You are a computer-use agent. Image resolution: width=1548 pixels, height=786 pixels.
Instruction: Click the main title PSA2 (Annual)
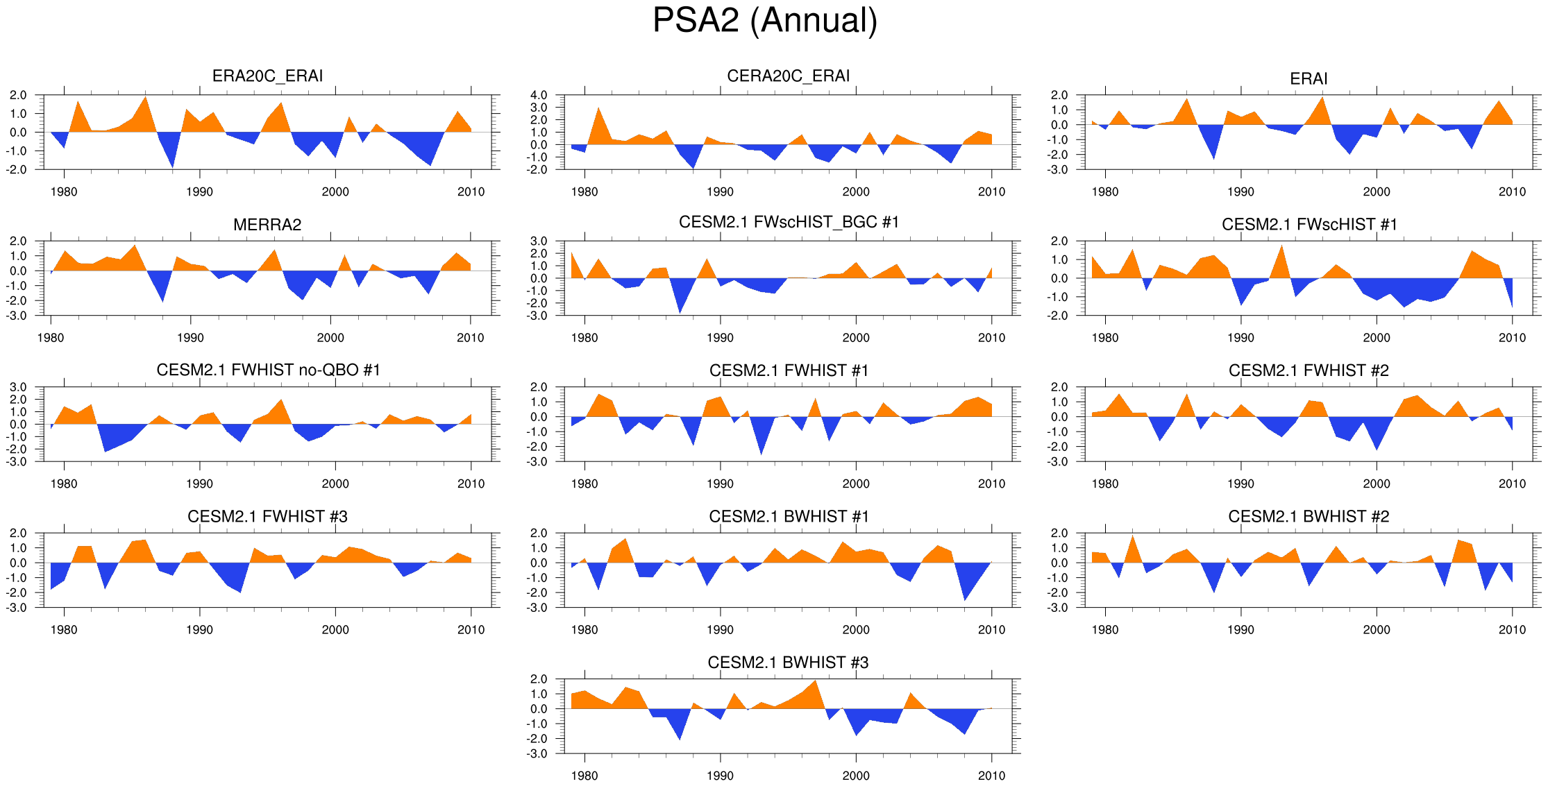pos(765,21)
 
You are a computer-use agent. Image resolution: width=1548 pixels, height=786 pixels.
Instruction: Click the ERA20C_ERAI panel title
pos(267,76)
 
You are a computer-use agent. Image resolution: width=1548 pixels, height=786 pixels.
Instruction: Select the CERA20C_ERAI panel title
pos(788,76)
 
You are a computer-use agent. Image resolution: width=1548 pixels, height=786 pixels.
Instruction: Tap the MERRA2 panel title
pos(267,225)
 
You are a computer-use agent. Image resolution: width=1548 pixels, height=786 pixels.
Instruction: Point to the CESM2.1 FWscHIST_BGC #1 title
pos(789,222)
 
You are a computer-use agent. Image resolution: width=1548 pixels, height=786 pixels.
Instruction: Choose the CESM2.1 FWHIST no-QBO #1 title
pos(268,370)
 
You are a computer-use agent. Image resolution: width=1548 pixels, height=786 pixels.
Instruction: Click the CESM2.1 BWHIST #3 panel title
pos(788,663)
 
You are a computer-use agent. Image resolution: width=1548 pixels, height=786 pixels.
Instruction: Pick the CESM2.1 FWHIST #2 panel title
pos(1309,370)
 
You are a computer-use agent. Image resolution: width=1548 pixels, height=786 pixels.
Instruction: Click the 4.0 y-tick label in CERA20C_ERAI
pos(539,95)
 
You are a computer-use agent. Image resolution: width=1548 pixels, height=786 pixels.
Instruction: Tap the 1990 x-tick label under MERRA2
pos(190,338)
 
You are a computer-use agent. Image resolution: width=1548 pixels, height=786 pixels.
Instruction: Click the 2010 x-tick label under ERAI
pos(1512,192)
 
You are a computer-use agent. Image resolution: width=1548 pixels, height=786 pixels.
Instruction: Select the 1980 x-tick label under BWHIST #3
pos(584,776)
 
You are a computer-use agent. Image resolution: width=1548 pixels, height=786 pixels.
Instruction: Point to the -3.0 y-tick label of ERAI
pos(1059,169)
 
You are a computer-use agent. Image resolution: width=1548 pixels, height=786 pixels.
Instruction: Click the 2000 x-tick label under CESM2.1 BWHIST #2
pos(1377,630)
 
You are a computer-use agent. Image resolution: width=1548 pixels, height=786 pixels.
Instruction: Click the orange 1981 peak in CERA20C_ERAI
pos(598,111)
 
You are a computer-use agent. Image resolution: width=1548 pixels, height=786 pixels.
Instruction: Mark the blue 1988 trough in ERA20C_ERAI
pos(172,164)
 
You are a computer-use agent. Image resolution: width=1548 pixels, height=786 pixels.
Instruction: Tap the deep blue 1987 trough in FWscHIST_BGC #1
pos(680,310)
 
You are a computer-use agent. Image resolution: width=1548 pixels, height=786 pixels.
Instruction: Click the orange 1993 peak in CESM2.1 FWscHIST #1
pos(1281,248)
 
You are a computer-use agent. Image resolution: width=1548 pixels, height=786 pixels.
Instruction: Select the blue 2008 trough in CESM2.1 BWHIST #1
pos(965,597)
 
